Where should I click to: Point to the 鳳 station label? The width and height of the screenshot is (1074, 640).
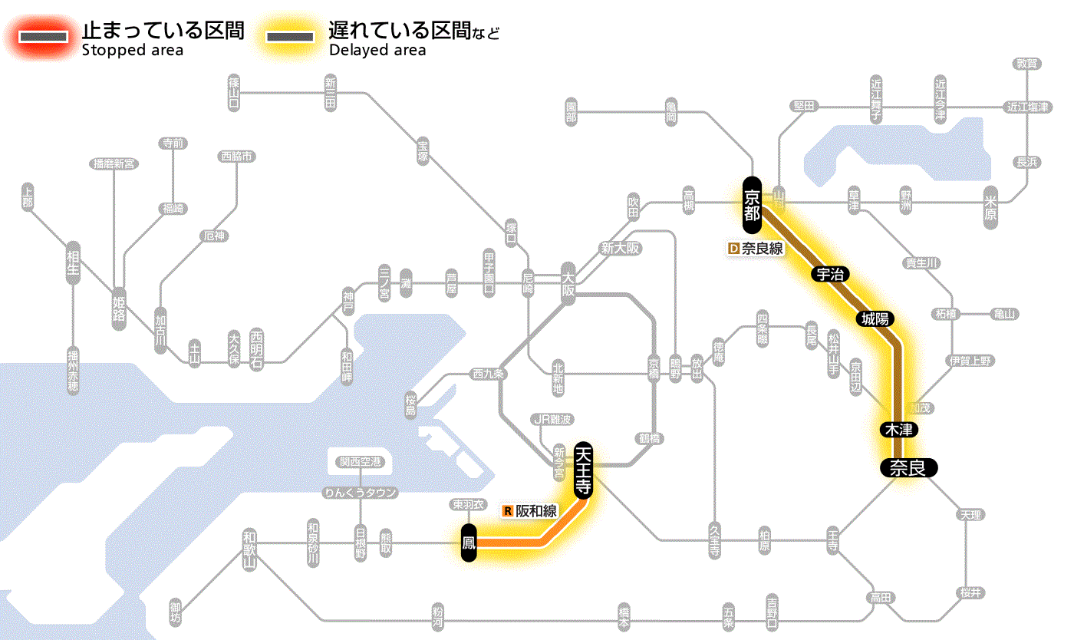tap(469, 543)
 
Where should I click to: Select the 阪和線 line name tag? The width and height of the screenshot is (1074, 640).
tap(531, 510)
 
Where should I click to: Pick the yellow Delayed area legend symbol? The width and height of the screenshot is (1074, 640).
tap(290, 37)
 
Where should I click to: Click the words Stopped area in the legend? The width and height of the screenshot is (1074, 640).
tap(132, 51)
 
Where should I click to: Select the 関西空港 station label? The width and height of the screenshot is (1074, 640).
tap(361, 462)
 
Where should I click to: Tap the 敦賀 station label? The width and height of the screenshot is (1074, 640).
tap(1026, 64)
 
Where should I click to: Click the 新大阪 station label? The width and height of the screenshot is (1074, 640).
tap(620, 248)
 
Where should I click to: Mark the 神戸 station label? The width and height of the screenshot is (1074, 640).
tap(348, 302)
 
